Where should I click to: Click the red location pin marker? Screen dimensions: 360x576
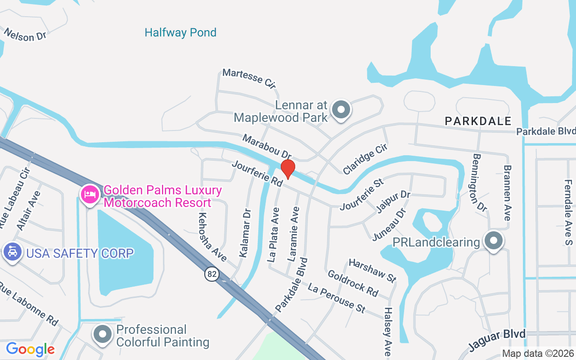coord(288,169)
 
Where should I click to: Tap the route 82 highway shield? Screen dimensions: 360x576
coord(211,274)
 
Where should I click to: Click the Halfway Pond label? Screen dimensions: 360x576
coord(180,32)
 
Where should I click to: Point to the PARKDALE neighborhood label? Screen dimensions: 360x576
coord(478,121)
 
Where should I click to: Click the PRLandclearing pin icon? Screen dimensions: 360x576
coord(493,241)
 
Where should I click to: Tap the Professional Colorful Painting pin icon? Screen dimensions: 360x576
coord(103,334)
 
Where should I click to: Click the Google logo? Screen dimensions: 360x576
coord(30,349)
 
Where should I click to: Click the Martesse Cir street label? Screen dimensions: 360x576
coord(249,78)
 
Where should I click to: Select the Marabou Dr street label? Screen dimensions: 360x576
coord(267,146)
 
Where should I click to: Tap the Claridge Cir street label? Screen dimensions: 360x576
coord(365,159)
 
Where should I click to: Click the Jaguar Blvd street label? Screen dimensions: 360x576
coord(497,340)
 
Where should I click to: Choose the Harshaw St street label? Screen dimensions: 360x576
coord(372,270)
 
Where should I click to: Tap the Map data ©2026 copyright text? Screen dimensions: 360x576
coord(538,354)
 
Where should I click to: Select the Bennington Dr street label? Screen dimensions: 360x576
coord(479,182)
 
